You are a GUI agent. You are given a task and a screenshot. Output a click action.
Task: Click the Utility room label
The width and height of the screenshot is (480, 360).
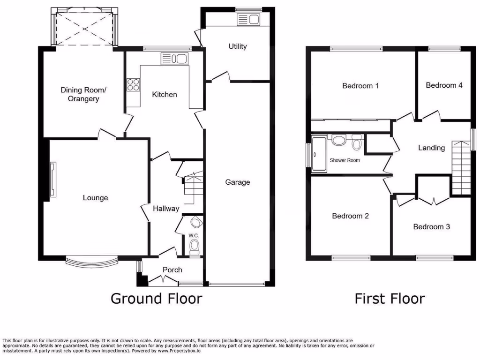coord(238,46)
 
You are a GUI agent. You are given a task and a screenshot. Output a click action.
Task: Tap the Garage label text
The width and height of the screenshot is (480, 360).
coord(238,182)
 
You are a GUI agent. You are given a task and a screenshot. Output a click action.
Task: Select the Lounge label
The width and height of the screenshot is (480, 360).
coord(95,197)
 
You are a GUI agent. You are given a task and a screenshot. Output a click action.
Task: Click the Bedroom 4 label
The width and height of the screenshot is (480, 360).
coord(444,85)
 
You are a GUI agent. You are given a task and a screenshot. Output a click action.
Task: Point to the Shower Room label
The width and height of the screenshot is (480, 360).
coord(345,160)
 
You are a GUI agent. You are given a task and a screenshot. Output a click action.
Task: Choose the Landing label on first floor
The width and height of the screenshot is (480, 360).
coord(431,148)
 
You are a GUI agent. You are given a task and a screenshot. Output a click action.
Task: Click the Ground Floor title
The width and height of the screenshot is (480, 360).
coord(156,298)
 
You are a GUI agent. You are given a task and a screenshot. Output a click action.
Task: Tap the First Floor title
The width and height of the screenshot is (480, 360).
coord(390,298)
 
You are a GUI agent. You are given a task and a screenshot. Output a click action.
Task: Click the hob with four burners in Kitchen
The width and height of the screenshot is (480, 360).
coord(133,85)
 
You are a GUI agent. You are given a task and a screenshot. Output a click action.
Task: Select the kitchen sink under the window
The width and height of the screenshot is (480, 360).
coord(174,59)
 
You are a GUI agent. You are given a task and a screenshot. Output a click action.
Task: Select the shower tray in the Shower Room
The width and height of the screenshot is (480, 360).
coord(319,154)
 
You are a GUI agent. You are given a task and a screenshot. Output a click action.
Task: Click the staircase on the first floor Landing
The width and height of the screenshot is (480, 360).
coord(461,167)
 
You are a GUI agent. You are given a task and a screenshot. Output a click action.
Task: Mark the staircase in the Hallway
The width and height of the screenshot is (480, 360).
coord(192,187)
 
